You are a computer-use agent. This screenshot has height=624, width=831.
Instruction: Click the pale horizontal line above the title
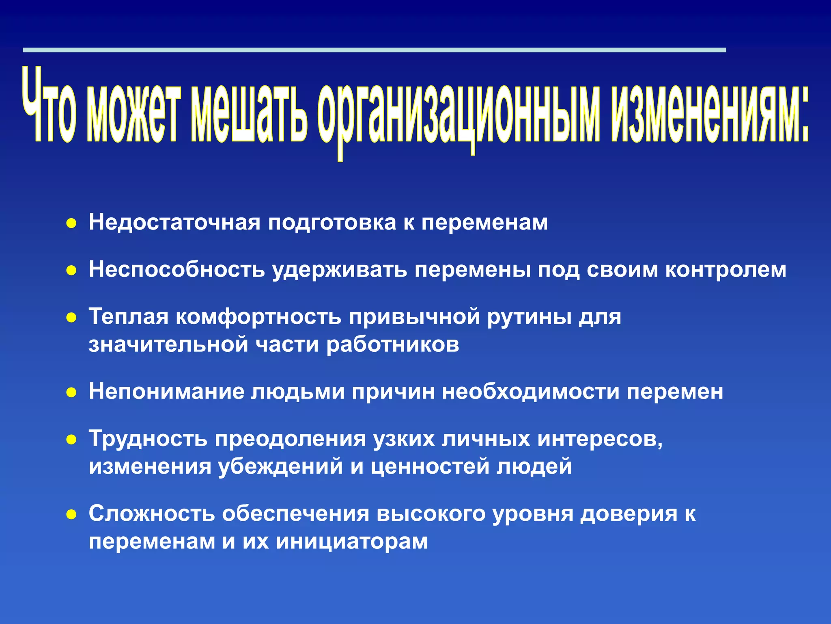coord(373,50)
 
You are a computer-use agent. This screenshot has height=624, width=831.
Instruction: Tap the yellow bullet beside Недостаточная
coord(71,224)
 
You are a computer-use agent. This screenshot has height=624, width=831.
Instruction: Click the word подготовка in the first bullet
coord(332,223)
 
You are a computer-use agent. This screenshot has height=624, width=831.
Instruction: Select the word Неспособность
coord(177,270)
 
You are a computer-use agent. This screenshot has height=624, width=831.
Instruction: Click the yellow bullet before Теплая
coord(71,318)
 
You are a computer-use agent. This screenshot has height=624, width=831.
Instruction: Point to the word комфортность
coord(258,317)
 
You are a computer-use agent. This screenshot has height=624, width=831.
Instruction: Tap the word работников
coord(392,345)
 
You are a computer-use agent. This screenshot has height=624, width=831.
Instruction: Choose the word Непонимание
coord(166,392)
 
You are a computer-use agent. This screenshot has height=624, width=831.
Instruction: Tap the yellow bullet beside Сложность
coord(71,515)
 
